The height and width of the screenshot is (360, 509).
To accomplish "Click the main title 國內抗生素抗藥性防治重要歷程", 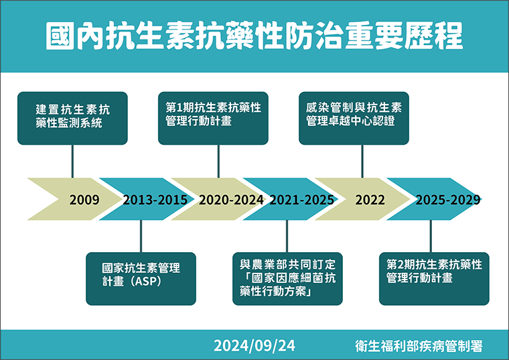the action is tap(254, 36).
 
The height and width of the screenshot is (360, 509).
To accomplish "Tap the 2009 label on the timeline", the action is tap(84, 200).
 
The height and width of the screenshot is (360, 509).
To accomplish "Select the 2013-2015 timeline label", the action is tap(155, 200).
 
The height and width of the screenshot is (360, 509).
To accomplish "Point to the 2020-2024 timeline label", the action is tap(231, 200).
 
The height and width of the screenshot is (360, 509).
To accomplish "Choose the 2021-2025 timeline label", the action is tap(302, 200).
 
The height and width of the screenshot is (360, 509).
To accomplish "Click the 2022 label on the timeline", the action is tap(370, 200).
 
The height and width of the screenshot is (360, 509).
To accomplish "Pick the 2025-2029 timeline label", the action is tap(448, 200).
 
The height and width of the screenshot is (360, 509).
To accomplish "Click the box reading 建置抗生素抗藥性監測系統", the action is tap(72, 118).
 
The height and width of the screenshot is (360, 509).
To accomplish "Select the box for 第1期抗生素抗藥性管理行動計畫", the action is tap(213, 118).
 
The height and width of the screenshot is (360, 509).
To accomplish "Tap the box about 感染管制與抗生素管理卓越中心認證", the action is tap(354, 118).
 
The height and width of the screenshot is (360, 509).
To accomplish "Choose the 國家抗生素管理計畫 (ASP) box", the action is tap(141, 279).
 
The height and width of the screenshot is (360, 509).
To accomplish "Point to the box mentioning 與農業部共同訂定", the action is tap(287, 279).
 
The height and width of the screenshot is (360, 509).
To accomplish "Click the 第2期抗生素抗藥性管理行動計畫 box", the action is tap(434, 279).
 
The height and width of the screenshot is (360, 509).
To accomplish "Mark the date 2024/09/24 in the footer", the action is tap(254, 346).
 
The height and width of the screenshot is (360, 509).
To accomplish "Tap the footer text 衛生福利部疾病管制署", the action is tap(419, 346).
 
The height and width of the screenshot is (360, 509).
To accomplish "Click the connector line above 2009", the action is tap(72, 162).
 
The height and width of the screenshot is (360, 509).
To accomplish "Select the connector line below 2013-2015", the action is tap(141, 236).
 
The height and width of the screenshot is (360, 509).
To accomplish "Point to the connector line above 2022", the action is tap(362, 162).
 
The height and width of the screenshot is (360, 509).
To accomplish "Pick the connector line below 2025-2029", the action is tap(431, 236).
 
